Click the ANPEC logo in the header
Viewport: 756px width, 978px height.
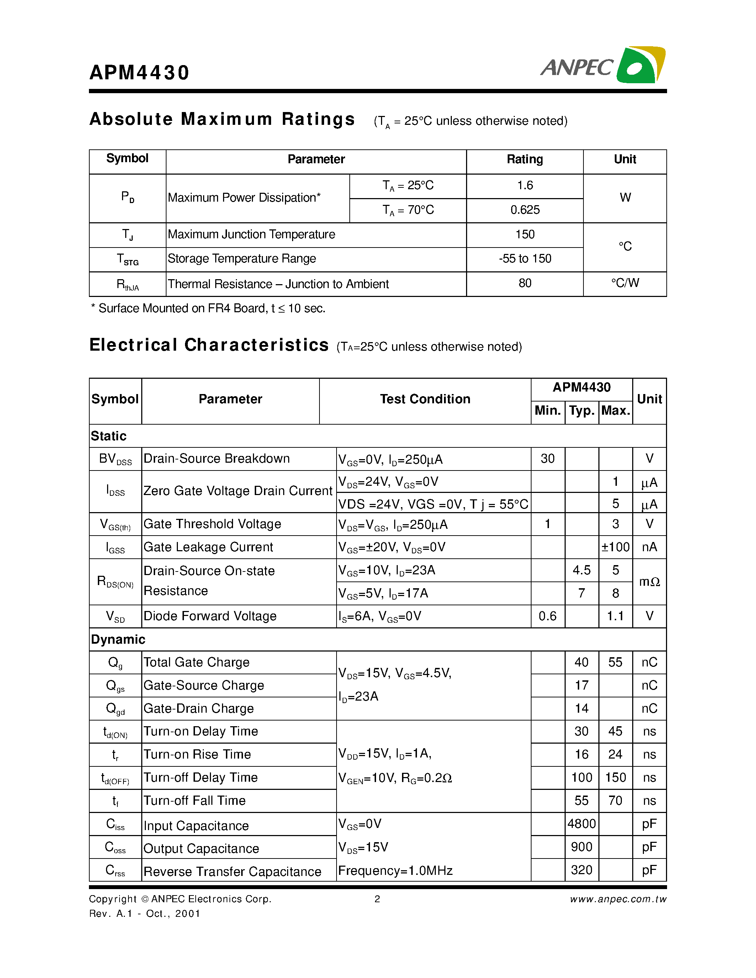[x=603, y=65]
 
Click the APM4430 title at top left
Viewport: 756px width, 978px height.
[x=139, y=73]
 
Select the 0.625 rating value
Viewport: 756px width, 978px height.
[x=525, y=210]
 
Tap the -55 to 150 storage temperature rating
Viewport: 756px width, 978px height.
[x=525, y=259]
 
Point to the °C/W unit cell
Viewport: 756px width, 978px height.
[x=625, y=283]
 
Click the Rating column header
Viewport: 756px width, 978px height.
[x=524, y=159]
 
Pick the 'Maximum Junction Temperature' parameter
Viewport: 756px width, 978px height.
[x=251, y=235]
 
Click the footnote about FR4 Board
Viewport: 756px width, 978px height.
[x=208, y=309]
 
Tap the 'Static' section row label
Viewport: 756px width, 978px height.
[x=109, y=436]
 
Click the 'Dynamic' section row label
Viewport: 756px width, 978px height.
[x=118, y=639]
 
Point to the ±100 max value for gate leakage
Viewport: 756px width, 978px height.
[x=615, y=547]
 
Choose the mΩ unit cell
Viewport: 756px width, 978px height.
[x=649, y=582]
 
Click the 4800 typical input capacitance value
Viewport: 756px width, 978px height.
[x=581, y=824]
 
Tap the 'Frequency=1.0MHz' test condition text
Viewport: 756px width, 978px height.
[x=395, y=871]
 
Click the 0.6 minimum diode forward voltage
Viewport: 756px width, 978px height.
[x=547, y=616]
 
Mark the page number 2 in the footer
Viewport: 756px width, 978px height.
[x=377, y=899]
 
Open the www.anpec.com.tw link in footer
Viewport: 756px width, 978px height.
[x=618, y=899]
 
